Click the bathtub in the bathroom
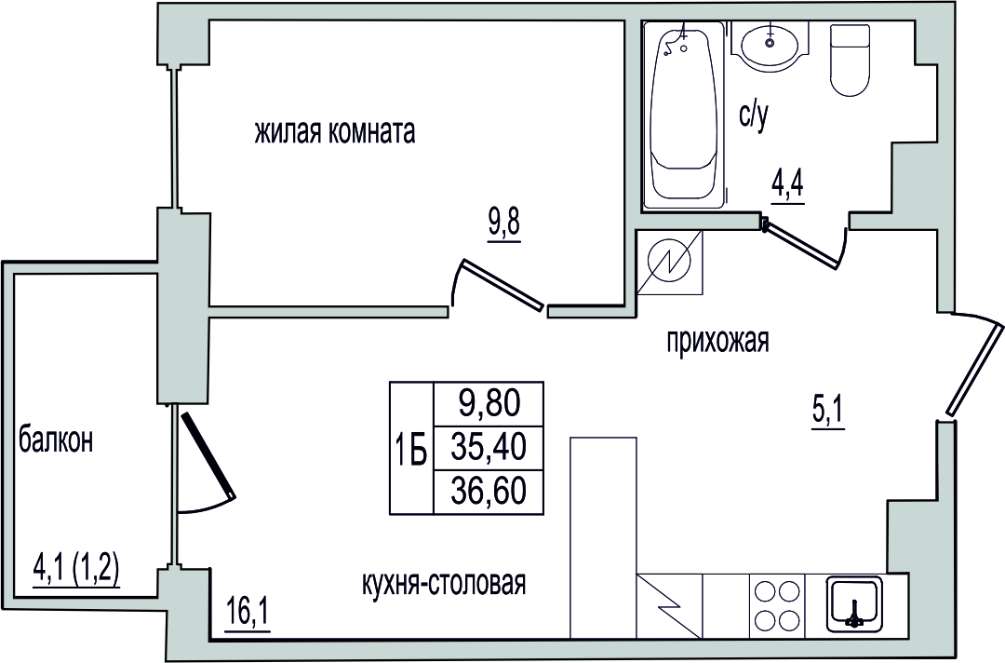click(x=685, y=115)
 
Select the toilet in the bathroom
click(x=851, y=61)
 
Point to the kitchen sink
click(x=854, y=602)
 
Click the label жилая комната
click(x=335, y=133)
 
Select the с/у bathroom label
click(x=754, y=117)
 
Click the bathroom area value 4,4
click(x=787, y=186)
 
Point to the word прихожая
click(x=717, y=341)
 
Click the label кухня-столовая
click(x=444, y=584)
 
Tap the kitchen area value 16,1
click(x=248, y=616)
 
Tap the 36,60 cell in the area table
click(x=489, y=491)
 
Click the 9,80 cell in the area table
click(x=489, y=404)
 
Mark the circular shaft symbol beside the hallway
click(x=670, y=263)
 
